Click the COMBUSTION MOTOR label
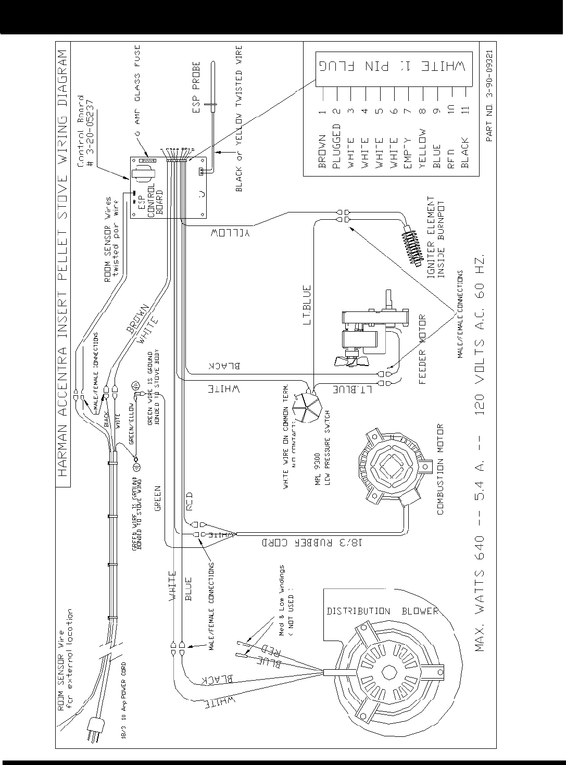point(441,470)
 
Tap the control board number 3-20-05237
point(88,131)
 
